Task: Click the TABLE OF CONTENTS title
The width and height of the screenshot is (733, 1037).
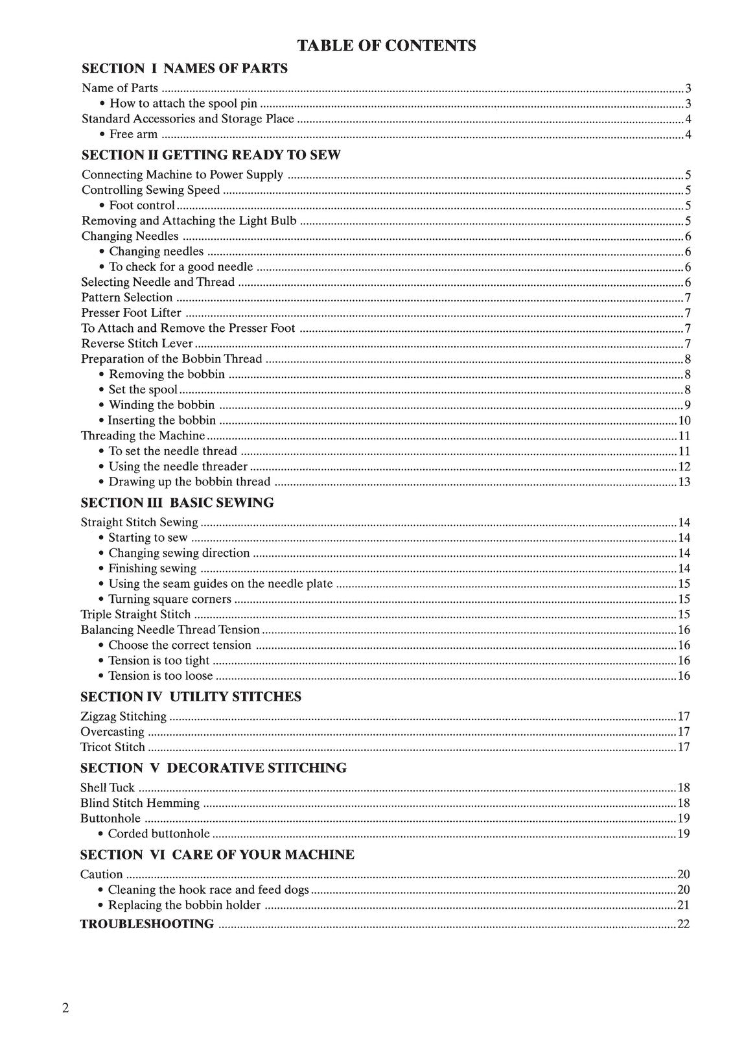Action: (x=386, y=45)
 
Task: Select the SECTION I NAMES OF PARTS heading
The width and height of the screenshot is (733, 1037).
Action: (x=185, y=68)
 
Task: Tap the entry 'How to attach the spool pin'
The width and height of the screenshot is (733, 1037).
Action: (x=183, y=104)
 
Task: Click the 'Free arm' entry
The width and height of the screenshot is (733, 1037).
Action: (x=133, y=134)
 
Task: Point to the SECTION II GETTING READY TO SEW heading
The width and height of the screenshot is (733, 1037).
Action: (x=211, y=155)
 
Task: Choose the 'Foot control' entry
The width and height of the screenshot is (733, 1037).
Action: (x=141, y=205)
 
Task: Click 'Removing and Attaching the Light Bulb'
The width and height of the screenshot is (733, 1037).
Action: (x=189, y=221)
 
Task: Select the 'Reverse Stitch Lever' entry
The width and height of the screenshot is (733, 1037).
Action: (x=137, y=344)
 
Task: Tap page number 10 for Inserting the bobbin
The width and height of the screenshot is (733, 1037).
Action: (x=684, y=421)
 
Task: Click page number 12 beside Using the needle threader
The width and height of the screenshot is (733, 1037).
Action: (x=684, y=467)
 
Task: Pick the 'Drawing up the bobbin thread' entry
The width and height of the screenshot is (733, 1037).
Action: (x=189, y=482)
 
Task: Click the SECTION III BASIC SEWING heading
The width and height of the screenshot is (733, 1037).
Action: (x=177, y=502)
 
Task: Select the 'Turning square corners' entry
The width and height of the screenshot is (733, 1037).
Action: (x=169, y=599)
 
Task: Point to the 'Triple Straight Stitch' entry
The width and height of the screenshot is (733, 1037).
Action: (x=136, y=614)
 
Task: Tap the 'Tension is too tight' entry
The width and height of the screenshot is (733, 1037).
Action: (x=159, y=660)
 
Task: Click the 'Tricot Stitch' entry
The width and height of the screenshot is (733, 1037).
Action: (x=113, y=747)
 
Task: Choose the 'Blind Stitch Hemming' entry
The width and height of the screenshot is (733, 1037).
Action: (x=140, y=803)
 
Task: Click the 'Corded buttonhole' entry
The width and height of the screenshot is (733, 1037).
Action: (x=159, y=833)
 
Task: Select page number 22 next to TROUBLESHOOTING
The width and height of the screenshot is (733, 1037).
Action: (x=683, y=924)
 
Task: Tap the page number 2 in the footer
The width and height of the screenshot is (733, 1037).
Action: (x=65, y=1008)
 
